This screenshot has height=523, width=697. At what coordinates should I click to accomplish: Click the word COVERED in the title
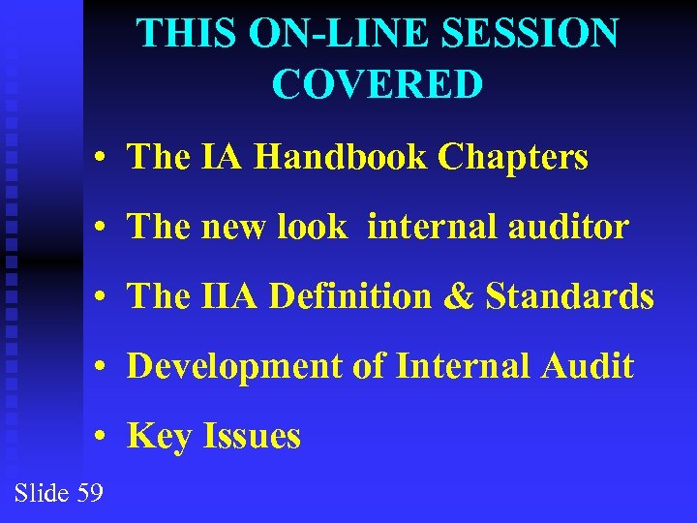(x=378, y=84)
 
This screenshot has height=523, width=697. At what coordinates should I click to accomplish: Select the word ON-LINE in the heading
(x=324, y=34)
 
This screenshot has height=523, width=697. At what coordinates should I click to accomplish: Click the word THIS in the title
(x=188, y=34)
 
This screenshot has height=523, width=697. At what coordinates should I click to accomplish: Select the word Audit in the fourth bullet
(x=588, y=366)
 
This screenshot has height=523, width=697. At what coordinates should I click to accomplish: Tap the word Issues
(x=252, y=437)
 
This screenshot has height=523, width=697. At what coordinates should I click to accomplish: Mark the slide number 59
(x=89, y=493)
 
